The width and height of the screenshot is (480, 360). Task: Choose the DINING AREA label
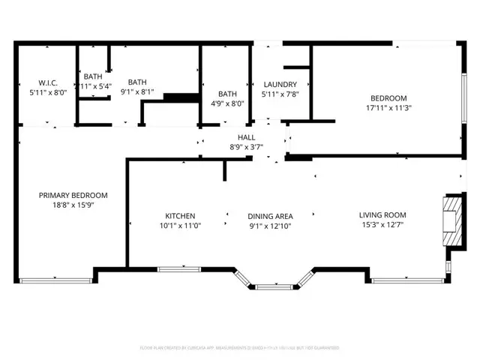pos(270,216)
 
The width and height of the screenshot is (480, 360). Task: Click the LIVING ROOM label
pos(382,214)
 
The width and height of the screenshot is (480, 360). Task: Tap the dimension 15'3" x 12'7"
pos(382,224)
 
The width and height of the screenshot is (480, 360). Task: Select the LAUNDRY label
pos(280,84)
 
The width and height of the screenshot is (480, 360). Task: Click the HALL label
pos(246,138)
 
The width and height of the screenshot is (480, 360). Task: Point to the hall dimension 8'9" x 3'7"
pos(246,148)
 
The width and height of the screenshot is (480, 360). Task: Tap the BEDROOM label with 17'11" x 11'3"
pos(388,98)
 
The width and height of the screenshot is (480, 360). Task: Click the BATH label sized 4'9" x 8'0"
pos(227,94)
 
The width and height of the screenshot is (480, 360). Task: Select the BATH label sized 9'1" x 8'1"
pos(137,82)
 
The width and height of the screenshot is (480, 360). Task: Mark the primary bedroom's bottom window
pos(56,280)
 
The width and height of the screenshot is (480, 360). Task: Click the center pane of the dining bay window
pos(270,286)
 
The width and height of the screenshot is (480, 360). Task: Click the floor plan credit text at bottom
pos(240,348)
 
